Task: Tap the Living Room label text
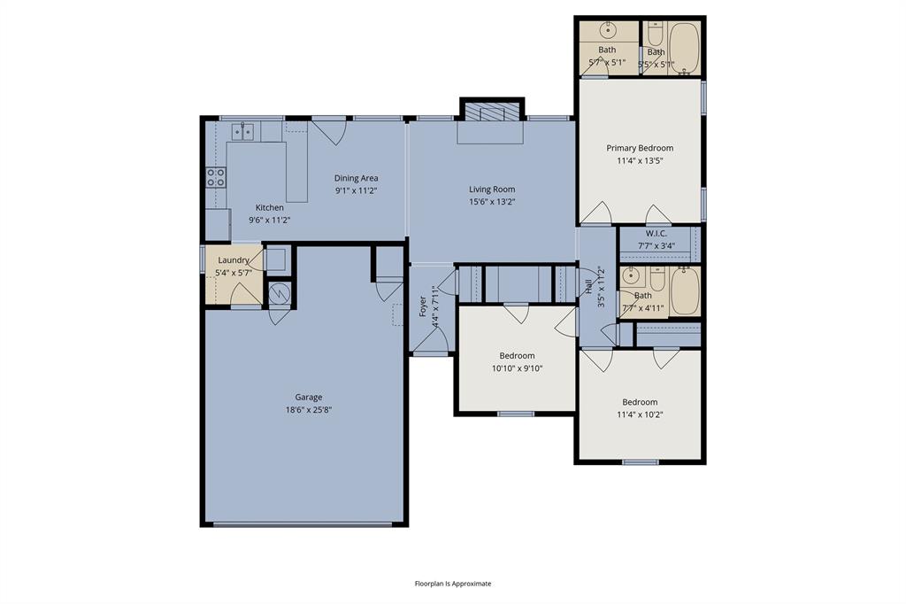[x=492, y=190]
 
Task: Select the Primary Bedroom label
[x=640, y=148]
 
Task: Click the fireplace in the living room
[x=490, y=113]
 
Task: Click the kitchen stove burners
[x=215, y=177]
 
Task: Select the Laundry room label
[x=234, y=259]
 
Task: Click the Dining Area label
[x=356, y=178]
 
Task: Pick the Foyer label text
[x=423, y=306]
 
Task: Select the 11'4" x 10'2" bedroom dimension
[x=639, y=414]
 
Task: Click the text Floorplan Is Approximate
[x=453, y=584]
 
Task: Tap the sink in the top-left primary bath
[x=608, y=28]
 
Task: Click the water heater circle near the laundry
[x=279, y=292]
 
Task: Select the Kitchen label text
[x=270, y=208]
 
